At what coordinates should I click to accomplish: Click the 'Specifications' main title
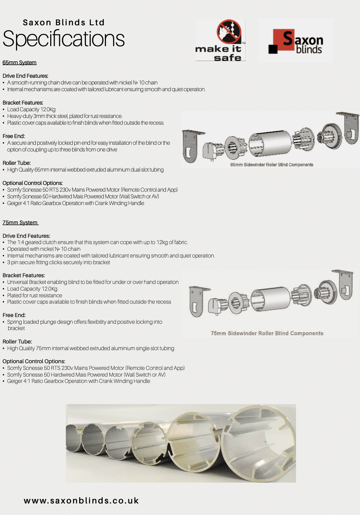[x=64, y=39]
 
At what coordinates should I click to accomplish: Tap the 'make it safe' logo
[x=220, y=40]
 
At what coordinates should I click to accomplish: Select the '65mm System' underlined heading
[x=19, y=63]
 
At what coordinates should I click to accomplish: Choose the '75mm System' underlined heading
[x=20, y=223]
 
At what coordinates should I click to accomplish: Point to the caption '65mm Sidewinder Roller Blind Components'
[x=271, y=164]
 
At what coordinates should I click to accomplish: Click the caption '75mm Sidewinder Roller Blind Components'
[x=267, y=333]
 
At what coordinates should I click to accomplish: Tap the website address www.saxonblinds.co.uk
[x=81, y=501]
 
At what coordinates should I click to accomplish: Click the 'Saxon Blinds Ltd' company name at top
[x=64, y=23]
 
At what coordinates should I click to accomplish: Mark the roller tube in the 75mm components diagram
[x=270, y=299]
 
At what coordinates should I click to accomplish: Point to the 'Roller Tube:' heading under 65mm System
[x=17, y=163]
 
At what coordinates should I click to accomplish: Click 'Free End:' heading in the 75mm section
[x=14, y=315]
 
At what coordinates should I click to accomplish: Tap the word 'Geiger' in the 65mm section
[x=15, y=203]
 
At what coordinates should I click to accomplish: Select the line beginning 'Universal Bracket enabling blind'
[x=93, y=282]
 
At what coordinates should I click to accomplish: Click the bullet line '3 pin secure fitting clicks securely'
[x=58, y=262]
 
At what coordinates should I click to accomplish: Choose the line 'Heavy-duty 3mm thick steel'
[x=65, y=116]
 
